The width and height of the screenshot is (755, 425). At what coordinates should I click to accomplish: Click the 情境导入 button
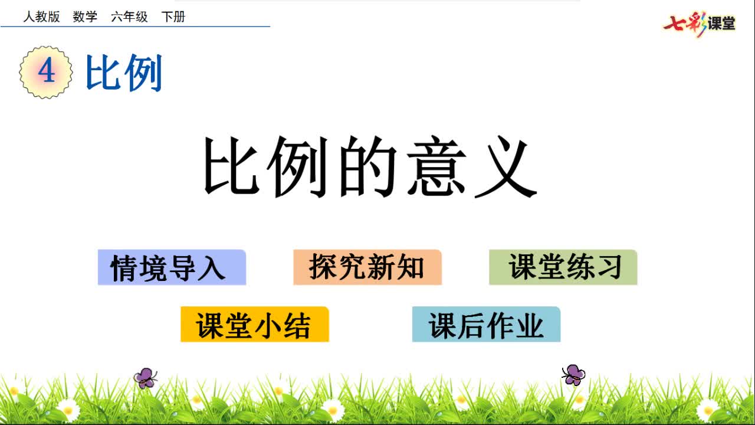tap(172, 267)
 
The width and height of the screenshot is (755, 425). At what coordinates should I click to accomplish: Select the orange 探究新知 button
tap(367, 267)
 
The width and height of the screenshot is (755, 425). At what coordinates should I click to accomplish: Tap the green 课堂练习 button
tap(563, 267)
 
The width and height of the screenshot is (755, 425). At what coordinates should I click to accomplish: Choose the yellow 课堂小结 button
tap(254, 324)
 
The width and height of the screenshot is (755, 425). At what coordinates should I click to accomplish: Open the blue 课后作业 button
tap(486, 324)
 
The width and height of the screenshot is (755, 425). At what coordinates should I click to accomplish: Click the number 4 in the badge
tap(46, 72)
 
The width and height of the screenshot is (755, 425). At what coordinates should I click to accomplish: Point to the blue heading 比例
tap(124, 73)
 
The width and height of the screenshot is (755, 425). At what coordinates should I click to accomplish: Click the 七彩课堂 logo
tap(700, 24)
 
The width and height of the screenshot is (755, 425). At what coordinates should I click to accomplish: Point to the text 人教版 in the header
tap(41, 17)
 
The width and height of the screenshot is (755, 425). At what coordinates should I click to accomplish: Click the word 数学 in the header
tap(85, 17)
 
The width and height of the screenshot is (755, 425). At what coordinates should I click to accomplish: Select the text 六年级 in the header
tap(129, 17)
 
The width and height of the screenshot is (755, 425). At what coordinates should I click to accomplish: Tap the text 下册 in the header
tap(173, 17)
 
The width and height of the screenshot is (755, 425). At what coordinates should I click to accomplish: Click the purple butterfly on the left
tap(145, 378)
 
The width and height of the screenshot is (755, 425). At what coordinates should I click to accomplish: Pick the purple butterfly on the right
tap(573, 375)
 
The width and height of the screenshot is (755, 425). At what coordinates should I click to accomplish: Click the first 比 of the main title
tap(231, 166)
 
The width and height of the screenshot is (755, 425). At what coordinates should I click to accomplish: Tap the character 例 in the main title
tap(299, 166)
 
